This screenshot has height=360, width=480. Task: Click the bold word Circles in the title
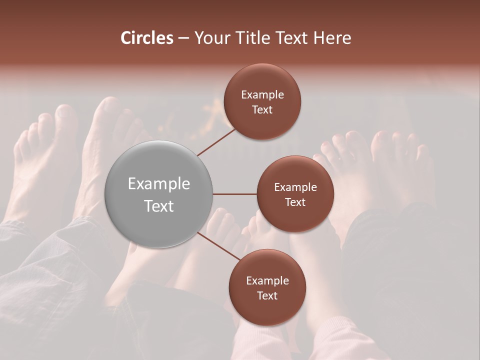click(x=147, y=38)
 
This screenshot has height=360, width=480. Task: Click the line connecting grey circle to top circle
click(x=216, y=141)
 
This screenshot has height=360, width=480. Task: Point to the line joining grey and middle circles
click(x=235, y=194)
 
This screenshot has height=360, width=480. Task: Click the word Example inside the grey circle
click(x=159, y=184)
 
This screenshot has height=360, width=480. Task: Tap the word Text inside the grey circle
click(x=159, y=206)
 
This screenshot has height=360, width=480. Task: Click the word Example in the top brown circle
click(x=262, y=95)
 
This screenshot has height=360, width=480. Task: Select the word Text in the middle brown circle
click(x=295, y=202)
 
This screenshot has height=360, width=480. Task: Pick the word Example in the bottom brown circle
click(x=267, y=281)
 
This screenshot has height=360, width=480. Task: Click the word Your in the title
click(x=210, y=38)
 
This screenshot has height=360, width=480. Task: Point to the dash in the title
click(x=183, y=38)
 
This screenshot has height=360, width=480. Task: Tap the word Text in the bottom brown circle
click(x=267, y=295)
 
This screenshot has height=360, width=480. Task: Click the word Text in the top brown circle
click(x=262, y=109)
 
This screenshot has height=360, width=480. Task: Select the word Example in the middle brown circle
click(x=295, y=187)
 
